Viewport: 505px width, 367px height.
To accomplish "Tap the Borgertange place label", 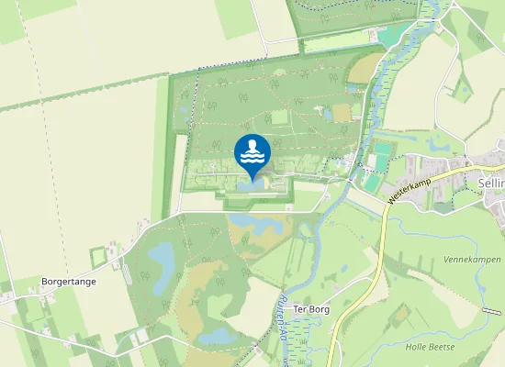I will click(x=68, y=282).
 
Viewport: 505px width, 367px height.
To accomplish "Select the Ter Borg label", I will click(x=310, y=309).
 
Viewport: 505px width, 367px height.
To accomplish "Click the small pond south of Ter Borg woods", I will click(x=217, y=337).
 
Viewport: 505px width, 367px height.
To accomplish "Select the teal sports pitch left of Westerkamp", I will click(x=380, y=157).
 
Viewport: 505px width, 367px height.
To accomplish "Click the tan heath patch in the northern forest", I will click(x=341, y=113).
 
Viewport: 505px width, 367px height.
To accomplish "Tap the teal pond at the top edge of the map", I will click(x=393, y=35).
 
